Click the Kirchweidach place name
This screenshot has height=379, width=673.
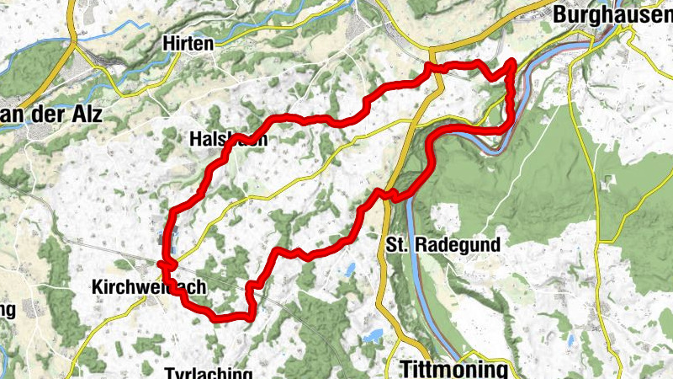click(x=148, y=287)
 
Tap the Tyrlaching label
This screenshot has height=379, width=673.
click(x=209, y=373)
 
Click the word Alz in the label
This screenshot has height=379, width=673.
click(x=83, y=116)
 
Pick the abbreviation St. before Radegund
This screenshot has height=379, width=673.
click(x=400, y=245)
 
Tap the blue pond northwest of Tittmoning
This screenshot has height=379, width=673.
click(x=371, y=338)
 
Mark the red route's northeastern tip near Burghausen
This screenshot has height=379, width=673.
click(x=511, y=62)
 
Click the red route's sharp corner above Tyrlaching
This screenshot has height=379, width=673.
click(x=251, y=316)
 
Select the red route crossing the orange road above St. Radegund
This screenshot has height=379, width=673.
click(x=387, y=194)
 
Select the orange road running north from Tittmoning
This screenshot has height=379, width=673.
click(x=384, y=295)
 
